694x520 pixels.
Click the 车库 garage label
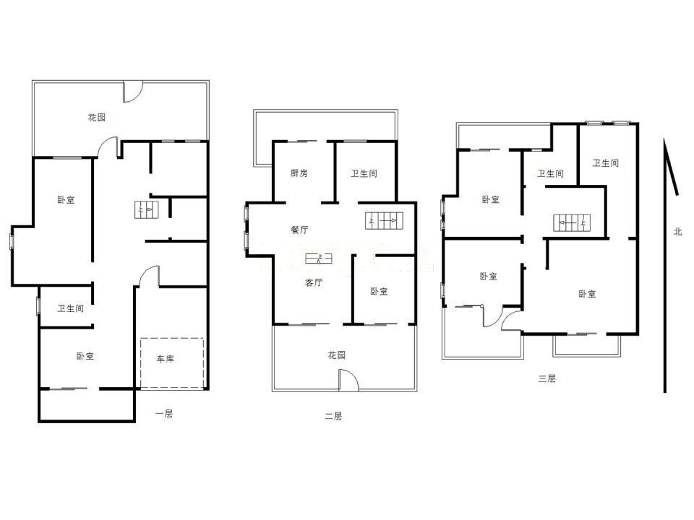point(166,359)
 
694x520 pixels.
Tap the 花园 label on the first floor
point(97,117)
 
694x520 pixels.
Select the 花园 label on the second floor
point(336,355)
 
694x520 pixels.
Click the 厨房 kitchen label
point(299,173)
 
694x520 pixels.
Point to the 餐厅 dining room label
point(299,230)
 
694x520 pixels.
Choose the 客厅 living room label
point(314,282)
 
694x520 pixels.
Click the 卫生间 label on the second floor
point(364,173)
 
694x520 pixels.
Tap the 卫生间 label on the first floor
point(71,308)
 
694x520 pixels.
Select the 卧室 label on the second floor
point(379,291)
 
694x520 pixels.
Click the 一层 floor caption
point(164,414)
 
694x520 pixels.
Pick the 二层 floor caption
point(333,416)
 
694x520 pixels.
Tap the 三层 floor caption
point(547,378)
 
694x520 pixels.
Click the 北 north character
point(677,232)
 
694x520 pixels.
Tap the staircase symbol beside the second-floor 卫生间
point(382,221)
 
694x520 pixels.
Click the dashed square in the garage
point(172,363)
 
